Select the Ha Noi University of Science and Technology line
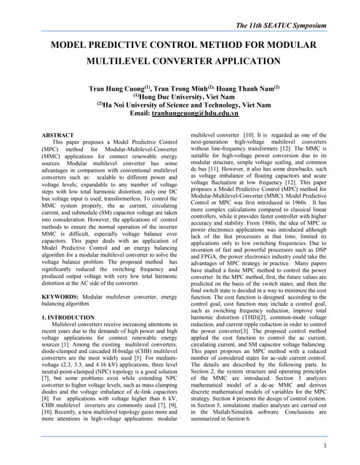184,105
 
